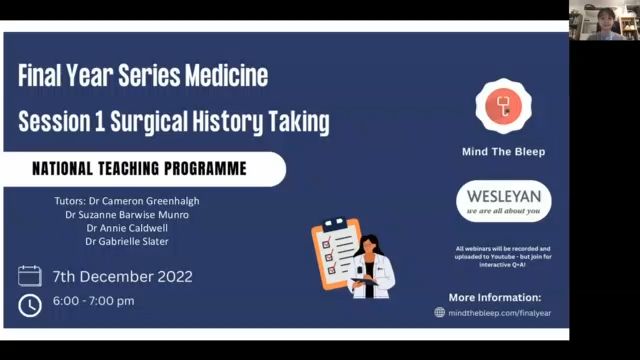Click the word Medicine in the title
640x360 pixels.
pyautogui.click(x=223, y=76)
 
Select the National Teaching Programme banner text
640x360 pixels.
pyautogui.click(x=139, y=169)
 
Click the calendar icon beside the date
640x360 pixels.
pyautogui.click(x=30, y=276)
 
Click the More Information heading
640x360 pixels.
pyautogui.click(x=494, y=297)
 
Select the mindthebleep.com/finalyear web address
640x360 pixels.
pyautogui.click(x=500, y=312)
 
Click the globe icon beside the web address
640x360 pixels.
pyautogui.click(x=439, y=312)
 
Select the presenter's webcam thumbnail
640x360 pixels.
pyautogui.click(x=604, y=20)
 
